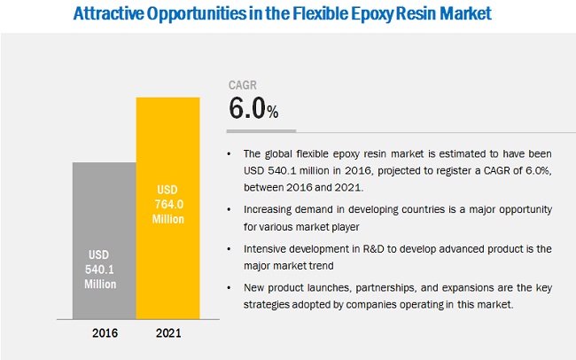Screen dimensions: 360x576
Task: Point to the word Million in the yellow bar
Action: [167, 218]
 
